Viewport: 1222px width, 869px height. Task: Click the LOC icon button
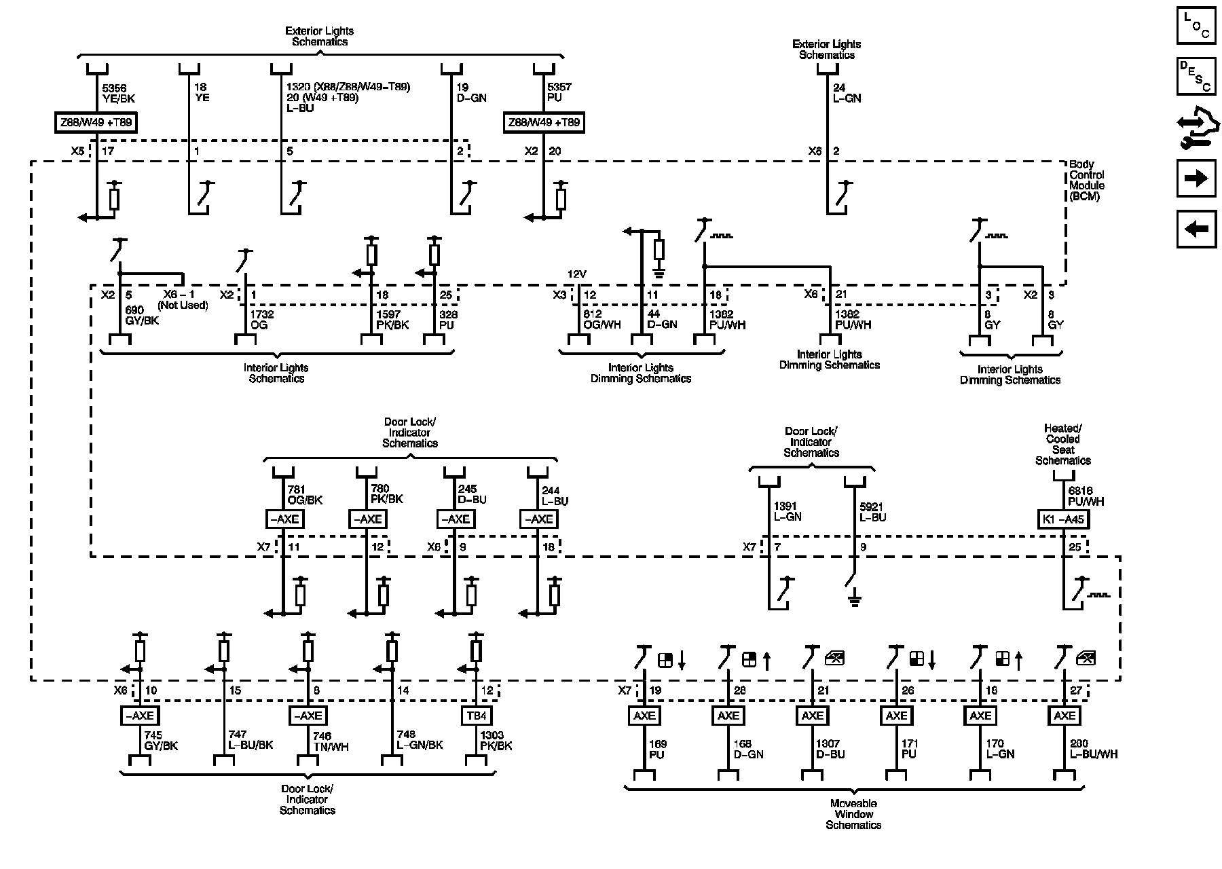[x=1196, y=26]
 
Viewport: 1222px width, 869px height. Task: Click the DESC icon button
[x=1196, y=76]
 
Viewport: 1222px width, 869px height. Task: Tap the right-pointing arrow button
[x=1196, y=179]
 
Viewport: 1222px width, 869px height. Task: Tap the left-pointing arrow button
[x=1196, y=229]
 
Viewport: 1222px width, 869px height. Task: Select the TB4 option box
[x=476, y=716]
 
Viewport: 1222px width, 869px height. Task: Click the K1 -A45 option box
[x=1062, y=520]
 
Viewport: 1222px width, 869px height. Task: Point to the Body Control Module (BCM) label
[x=1087, y=180]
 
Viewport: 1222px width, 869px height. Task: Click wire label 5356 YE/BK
[x=119, y=93]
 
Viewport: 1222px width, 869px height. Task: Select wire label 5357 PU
[x=560, y=92]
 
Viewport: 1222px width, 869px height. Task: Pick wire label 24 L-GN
[x=847, y=92]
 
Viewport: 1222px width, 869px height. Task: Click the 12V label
[x=576, y=274]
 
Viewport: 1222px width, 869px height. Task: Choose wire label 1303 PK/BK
[x=496, y=740]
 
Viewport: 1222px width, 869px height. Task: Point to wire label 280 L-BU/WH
[x=1094, y=749]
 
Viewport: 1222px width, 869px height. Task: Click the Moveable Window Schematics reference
[x=853, y=814]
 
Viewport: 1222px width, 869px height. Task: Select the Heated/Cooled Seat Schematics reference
[x=1062, y=445]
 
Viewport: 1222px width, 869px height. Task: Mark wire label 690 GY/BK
[x=142, y=315]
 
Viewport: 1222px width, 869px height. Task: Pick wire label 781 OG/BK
[x=305, y=494]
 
